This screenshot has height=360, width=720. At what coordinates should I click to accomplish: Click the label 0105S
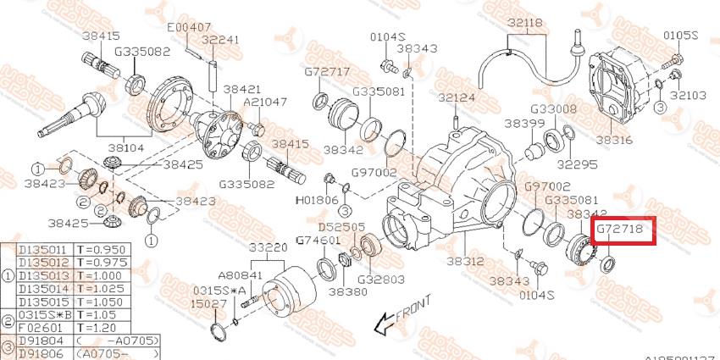(x=680, y=36)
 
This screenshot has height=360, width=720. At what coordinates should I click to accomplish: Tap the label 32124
(x=457, y=98)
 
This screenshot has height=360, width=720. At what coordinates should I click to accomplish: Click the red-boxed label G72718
(x=622, y=230)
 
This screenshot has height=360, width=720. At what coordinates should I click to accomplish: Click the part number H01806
(x=317, y=202)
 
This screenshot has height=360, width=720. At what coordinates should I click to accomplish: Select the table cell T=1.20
(x=95, y=326)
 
